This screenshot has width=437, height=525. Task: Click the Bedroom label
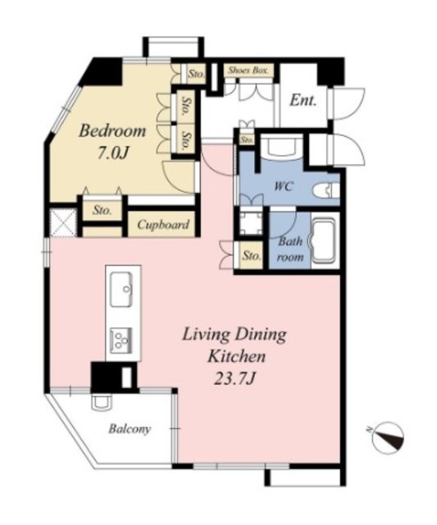(x=112, y=130)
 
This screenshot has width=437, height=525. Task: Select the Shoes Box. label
(x=248, y=71)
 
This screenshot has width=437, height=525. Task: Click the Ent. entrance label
(x=303, y=100)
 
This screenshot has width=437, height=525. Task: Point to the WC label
(x=284, y=186)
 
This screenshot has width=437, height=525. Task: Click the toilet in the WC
(x=326, y=190)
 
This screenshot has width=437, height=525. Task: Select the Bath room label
(x=290, y=249)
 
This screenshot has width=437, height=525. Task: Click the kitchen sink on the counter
(x=121, y=289)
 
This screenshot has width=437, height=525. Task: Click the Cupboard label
(x=163, y=225)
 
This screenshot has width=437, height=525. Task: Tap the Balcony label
(x=130, y=429)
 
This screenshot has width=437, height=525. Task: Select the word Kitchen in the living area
(x=237, y=356)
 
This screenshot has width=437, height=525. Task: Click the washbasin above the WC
(x=281, y=147)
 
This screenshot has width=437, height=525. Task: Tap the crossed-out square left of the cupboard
(x=63, y=222)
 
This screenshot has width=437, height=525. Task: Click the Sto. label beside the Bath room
(x=251, y=256)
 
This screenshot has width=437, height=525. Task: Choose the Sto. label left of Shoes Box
(x=196, y=73)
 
